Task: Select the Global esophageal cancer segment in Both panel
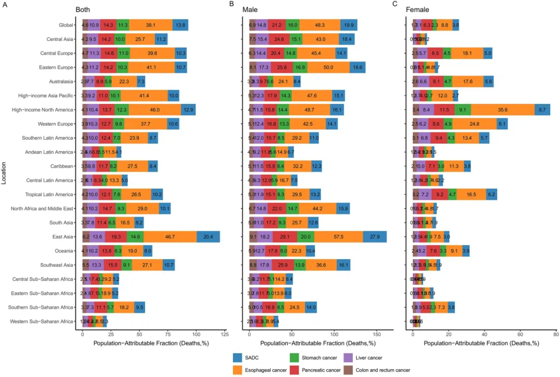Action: coord(151,25)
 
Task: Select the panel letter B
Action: coord(232,4)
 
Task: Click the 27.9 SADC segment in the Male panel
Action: coord(375,237)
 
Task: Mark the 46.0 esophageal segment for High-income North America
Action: coord(155,110)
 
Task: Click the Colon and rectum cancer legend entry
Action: coord(385,370)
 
